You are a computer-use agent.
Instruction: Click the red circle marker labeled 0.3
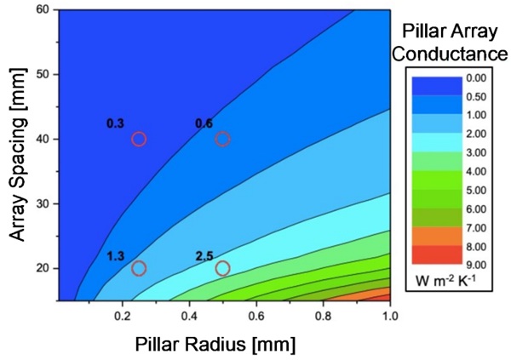pyautogui.click(x=139, y=139)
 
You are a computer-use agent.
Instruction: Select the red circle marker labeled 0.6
pyautogui.click(x=222, y=139)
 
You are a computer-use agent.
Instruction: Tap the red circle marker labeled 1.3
pyautogui.click(x=139, y=268)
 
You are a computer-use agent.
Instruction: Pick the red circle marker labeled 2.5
pyautogui.click(x=222, y=268)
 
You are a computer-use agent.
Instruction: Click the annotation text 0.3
pyautogui.click(x=115, y=123)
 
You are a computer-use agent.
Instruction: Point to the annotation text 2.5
pyautogui.click(x=204, y=255)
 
